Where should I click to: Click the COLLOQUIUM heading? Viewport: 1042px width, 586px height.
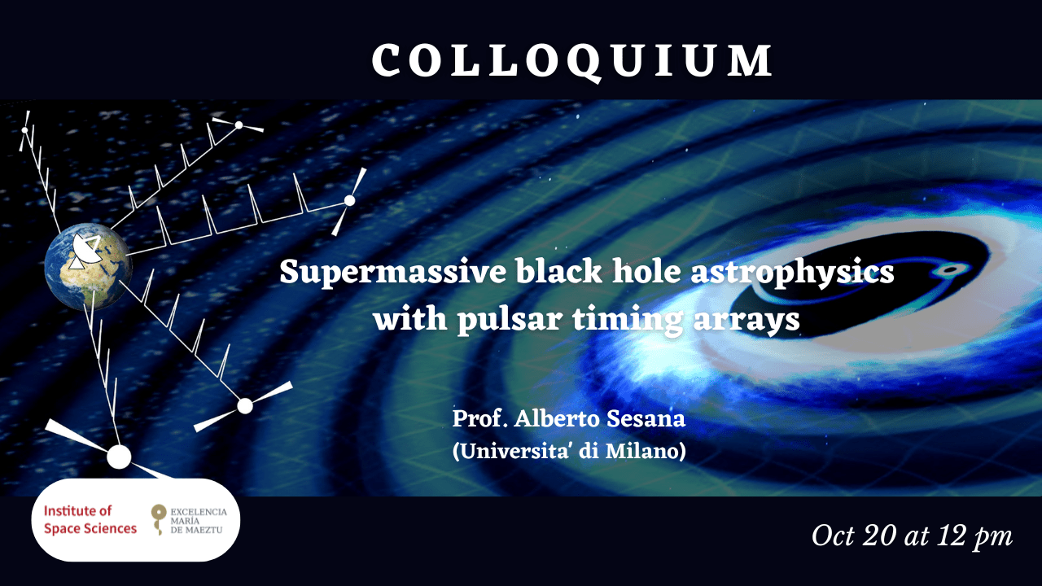pos(572,61)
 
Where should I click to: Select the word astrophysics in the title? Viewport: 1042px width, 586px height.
pos(792,273)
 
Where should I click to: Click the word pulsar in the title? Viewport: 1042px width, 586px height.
pos(509,320)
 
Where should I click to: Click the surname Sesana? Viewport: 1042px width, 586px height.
pos(646,418)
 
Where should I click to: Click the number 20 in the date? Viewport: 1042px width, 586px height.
pos(878,536)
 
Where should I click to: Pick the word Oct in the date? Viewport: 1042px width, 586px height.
pos(833,536)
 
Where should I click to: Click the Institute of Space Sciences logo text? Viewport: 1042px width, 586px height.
pos(90,519)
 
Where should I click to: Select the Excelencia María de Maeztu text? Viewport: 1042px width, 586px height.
pos(199,520)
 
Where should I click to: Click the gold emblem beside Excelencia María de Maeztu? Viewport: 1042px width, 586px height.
pos(159,519)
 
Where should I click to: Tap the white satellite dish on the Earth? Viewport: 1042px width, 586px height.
pos(86,251)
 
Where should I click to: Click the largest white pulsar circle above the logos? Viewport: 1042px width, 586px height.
pos(119,457)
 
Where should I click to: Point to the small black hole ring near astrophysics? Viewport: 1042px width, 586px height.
pos(952,270)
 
